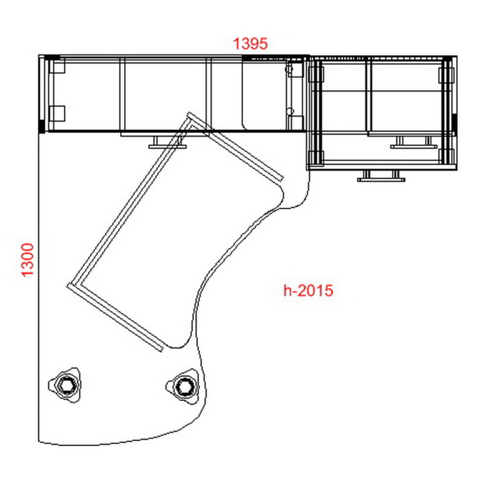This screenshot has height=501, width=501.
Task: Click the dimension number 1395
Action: [x=250, y=44]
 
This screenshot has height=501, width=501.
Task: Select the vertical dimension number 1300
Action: [x=28, y=260]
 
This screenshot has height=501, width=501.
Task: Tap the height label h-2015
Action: [x=308, y=291]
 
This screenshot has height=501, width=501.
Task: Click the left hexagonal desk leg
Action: [x=65, y=385]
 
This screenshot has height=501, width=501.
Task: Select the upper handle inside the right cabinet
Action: [x=414, y=142]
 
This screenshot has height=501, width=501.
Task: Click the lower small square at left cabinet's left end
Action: [x=58, y=113]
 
